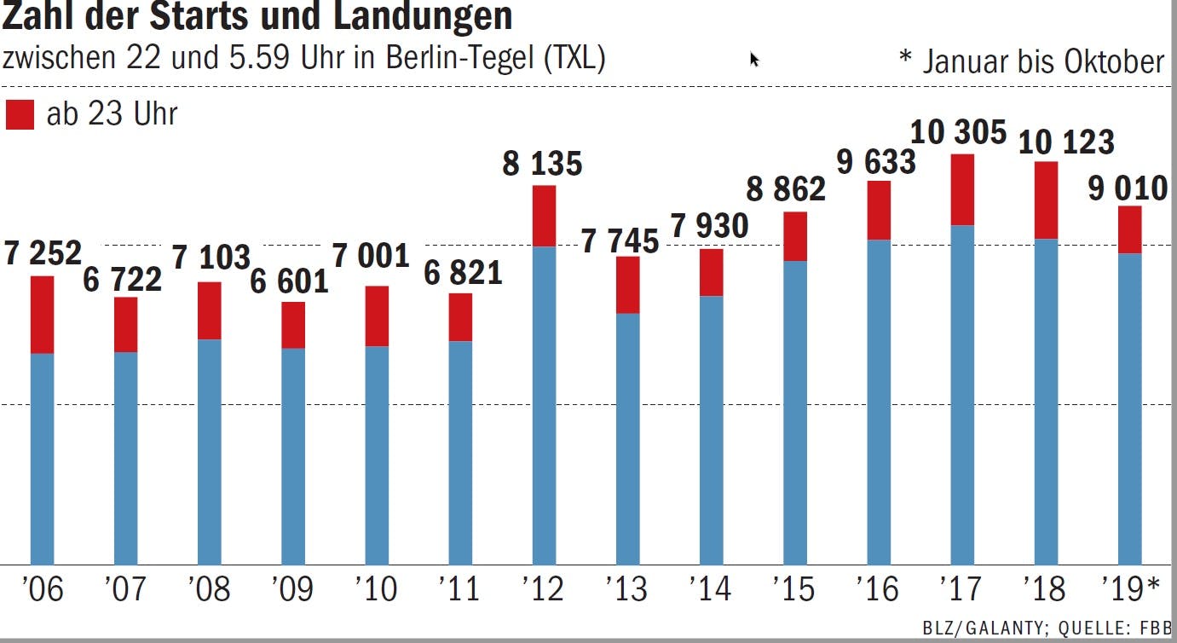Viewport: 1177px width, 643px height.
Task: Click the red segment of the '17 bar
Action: click(x=962, y=190)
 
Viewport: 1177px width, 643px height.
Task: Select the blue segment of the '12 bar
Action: click(x=544, y=405)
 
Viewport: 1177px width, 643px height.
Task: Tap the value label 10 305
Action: click(x=959, y=133)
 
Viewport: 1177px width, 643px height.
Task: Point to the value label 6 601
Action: click(x=290, y=281)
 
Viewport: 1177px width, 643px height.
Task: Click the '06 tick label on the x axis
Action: click(x=42, y=589)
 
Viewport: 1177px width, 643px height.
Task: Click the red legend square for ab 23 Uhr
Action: click(x=20, y=114)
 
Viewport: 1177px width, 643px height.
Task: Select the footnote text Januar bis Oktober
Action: click(x=1043, y=61)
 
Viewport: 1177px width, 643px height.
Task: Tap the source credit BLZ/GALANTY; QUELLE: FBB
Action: click(x=1047, y=629)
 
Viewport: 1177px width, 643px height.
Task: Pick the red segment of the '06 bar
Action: click(x=42, y=315)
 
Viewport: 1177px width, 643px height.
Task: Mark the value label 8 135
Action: click(x=542, y=164)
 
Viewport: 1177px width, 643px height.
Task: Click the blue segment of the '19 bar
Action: click(x=1130, y=408)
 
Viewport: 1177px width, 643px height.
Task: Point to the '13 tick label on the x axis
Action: click(x=626, y=589)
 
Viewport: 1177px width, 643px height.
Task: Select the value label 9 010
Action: click(x=1128, y=188)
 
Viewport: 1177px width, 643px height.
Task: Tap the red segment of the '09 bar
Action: click(x=293, y=325)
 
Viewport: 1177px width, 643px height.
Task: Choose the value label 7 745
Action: click(x=620, y=242)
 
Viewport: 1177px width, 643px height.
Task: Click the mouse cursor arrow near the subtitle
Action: click(x=754, y=59)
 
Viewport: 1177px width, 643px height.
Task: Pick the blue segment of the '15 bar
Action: click(x=795, y=412)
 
